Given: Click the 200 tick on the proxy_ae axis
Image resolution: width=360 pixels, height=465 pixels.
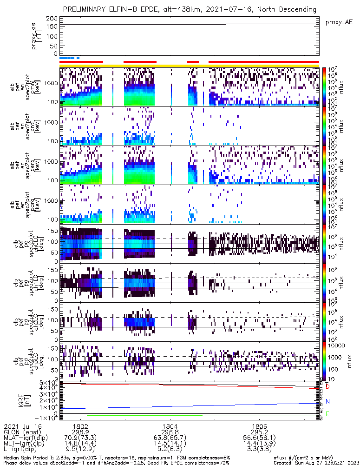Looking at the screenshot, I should (52, 18).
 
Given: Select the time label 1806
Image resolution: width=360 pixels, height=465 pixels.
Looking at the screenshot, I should (259, 425).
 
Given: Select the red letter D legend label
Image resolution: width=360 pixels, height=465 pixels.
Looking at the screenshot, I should (327, 387).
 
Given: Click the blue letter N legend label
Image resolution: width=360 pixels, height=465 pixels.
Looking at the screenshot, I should (327, 401).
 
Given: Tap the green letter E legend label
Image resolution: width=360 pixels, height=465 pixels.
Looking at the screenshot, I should (327, 414).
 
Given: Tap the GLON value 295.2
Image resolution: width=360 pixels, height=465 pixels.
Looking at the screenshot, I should (259, 432).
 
